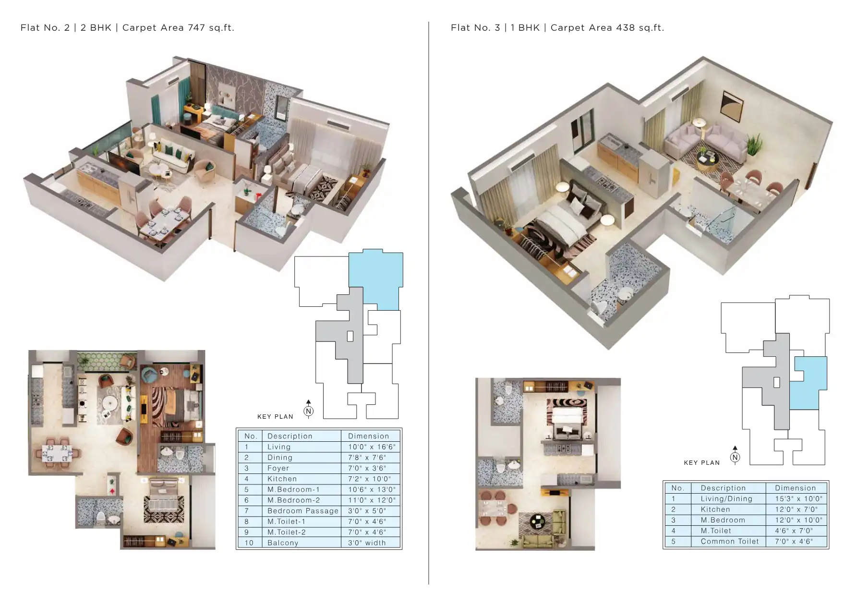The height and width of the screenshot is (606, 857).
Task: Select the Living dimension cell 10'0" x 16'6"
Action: click(x=371, y=447)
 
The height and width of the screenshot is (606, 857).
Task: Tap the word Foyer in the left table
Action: click(x=278, y=468)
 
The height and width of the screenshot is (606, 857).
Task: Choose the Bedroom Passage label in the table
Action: click(x=303, y=511)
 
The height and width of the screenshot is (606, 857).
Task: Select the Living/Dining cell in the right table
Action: click(x=726, y=499)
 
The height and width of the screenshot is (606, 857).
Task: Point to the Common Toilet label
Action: click(x=730, y=542)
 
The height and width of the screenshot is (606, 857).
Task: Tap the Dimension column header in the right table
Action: click(x=796, y=488)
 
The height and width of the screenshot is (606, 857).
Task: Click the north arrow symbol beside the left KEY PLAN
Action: click(x=309, y=410)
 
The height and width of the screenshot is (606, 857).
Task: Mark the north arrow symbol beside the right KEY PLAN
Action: click(x=735, y=456)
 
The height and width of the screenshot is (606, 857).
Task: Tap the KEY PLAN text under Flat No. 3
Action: click(x=702, y=463)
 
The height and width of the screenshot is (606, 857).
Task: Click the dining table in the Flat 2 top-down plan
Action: click(x=56, y=453)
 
